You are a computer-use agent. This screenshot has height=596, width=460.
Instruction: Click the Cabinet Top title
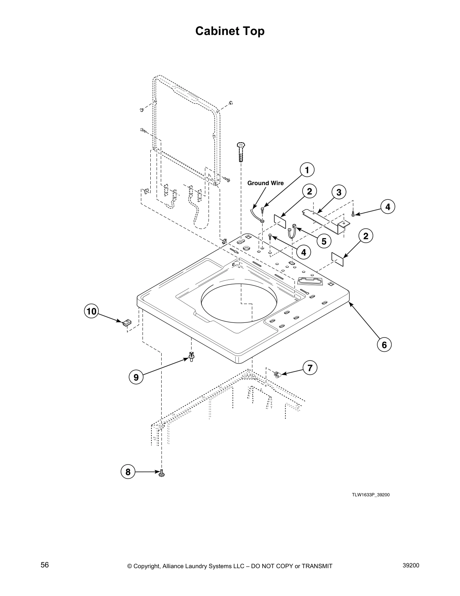pos(230,31)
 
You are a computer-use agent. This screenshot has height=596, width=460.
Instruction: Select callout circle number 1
pos(307,170)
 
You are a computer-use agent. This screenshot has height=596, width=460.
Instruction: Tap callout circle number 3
pos(339,192)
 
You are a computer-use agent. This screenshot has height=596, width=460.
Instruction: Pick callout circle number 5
pos(324,241)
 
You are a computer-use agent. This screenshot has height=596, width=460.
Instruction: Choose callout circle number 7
pos(310,368)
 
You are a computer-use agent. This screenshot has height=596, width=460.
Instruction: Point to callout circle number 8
pos(128,472)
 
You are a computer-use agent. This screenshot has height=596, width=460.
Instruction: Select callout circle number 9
pos(136,377)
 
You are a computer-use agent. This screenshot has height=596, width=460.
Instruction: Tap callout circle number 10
pos(91,311)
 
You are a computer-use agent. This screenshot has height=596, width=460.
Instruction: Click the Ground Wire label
pos(265,183)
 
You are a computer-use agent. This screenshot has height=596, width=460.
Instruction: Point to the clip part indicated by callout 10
pos(127,322)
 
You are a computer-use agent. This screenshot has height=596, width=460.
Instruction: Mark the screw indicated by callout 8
pos(162,472)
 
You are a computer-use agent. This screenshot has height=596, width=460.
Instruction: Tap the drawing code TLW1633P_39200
pos(370,495)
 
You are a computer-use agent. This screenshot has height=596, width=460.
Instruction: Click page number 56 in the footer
pos(45,565)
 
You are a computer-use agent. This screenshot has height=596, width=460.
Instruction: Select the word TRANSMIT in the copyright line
pos(317,566)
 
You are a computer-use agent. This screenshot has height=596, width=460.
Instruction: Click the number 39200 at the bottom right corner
pos(411,565)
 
